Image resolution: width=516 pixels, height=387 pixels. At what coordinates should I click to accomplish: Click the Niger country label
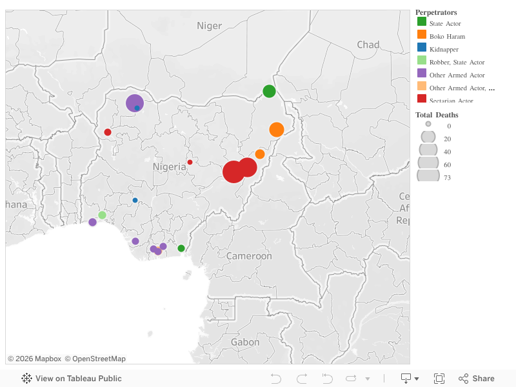coord(209,26)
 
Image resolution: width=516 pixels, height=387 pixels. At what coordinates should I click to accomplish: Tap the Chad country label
coord(368,45)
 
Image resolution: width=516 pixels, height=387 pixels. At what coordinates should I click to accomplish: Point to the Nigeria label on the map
coord(169,167)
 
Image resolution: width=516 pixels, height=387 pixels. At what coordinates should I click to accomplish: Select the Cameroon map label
coord(249,256)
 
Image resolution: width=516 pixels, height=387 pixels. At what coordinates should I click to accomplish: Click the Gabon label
coord(245,342)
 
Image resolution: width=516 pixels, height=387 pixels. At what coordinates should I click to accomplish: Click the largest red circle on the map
coord(233,172)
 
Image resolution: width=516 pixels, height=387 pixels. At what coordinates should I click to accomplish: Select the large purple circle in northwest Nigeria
coord(134,103)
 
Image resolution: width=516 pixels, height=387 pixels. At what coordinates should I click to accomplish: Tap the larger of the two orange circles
coord(277,130)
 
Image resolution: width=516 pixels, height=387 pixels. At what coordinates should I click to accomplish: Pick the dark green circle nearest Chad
coord(269,91)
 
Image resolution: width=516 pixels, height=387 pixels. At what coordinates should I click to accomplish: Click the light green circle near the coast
coord(102,215)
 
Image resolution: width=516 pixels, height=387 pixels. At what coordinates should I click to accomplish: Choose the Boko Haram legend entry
coord(447,36)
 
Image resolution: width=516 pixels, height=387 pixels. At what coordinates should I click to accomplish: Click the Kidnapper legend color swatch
coord(422,47)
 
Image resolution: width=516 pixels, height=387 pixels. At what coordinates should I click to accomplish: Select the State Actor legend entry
coord(445,23)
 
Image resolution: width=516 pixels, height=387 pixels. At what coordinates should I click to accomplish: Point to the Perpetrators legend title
coord(436,12)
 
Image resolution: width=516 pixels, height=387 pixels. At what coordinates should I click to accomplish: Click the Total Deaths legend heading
coord(437,115)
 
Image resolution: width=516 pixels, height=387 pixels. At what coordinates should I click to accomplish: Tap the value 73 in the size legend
coord(447,177)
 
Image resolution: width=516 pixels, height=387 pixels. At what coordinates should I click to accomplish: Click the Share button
coord(477,379)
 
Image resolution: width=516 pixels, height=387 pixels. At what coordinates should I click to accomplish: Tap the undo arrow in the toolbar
coord(275,379)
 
